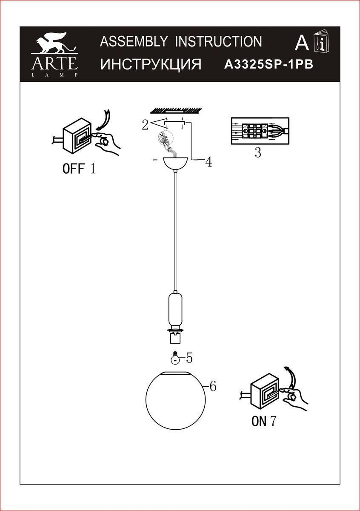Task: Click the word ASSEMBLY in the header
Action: coord(134,41)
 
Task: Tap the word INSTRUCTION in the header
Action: coord(218,41)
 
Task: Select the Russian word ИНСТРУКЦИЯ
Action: coord(151,64)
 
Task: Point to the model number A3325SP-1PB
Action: coord(269,65)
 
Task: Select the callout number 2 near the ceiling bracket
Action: coord(145,124)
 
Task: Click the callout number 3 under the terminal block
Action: coord(258,152)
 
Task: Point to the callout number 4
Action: coord(209,162)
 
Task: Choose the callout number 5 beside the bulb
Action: coord(189,358)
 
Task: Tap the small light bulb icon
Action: coord(175,359)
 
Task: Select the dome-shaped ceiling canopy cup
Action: coord(175,164)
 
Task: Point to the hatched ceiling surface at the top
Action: coord(176,110)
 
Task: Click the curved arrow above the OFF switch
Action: coord(104,120)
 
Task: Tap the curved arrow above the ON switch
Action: coord(290,376)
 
